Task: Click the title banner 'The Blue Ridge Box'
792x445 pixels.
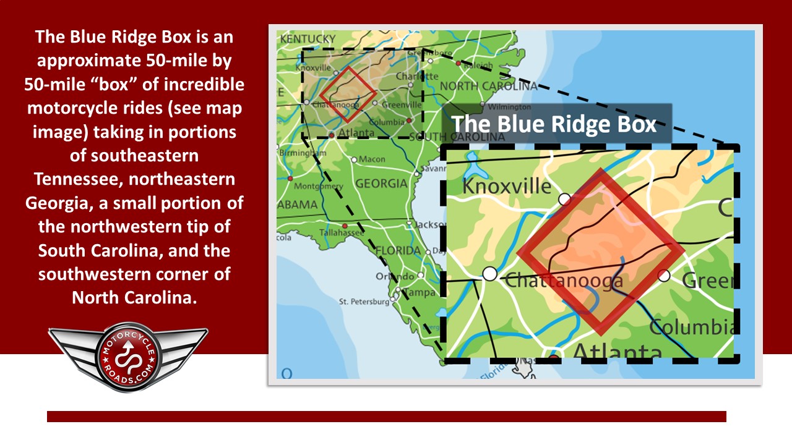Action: point(554,124)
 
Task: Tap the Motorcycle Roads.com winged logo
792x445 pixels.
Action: point(128,357)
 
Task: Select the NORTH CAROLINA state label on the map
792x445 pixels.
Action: point(488,86)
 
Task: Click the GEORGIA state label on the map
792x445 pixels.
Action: point(381,184)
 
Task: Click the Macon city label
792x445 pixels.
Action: point(372,159)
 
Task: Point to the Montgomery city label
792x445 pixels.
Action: point(319,186)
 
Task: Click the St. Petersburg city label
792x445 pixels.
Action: point(363,302)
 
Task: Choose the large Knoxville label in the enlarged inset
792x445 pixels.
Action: point(507,186)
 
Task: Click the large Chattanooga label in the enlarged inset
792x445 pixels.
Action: point(564,281)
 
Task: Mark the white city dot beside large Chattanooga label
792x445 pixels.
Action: point(489,273)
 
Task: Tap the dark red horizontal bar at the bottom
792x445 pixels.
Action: point(386,417)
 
